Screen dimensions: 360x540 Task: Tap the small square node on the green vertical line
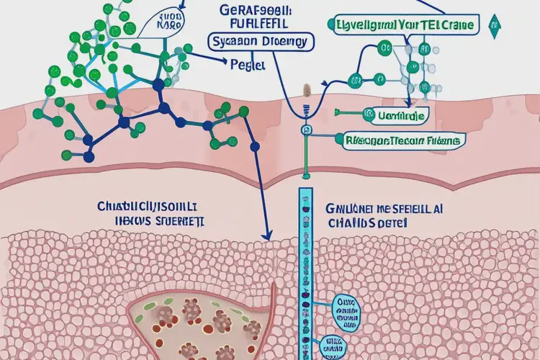306,130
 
